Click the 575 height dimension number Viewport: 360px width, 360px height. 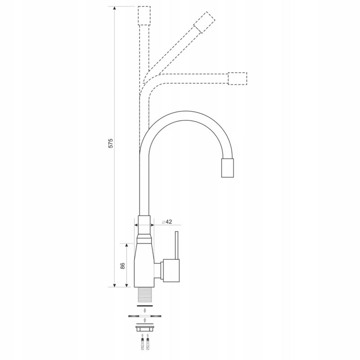111,143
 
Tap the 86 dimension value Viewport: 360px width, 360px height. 122,265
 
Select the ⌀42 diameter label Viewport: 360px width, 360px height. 167,222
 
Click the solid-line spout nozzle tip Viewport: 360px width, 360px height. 228,168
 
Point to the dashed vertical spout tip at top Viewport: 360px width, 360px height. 144,16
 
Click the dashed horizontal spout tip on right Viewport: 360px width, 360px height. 238,78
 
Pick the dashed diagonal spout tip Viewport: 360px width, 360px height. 204,22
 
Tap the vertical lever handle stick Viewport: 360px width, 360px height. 176,245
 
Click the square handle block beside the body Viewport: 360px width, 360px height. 171,270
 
